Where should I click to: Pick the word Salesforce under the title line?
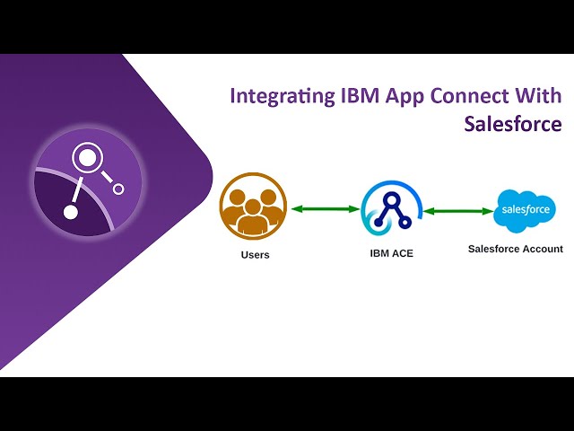[x=512, y=123]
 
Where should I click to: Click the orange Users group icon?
[x=253, y=206]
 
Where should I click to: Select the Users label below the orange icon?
[x=255, y=255]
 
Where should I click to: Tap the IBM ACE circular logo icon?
[x=391, y=211]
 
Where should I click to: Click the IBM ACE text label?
[x=392, y=253]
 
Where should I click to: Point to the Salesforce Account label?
[x=515, y=249]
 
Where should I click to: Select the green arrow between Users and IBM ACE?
[x=325, y=209]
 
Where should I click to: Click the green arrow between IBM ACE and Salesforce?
[x=458, y=211]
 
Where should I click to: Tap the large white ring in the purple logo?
[x=87, y=160]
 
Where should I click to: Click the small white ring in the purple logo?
[x=118, y=189]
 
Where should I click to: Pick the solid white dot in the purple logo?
[x=70, y=213]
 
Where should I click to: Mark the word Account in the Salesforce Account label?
[x=543, y=249]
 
